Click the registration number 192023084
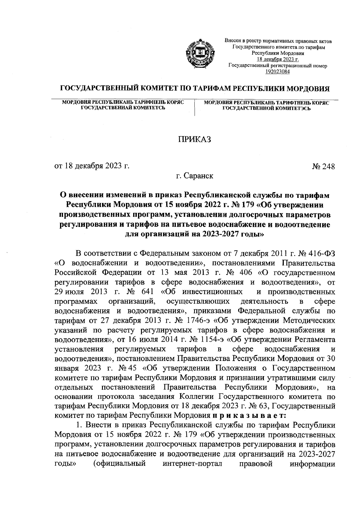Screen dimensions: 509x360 [277, 71]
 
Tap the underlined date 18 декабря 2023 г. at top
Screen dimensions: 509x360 [277, 60]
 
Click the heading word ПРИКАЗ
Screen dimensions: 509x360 [195, 139]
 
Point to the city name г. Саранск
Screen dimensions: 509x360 [195, 176]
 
